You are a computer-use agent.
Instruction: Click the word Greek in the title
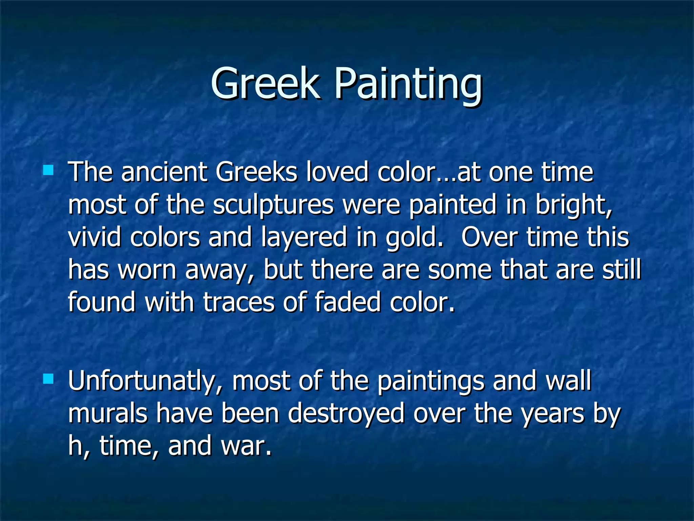coord(265,83)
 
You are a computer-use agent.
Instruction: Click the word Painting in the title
coord(408,85)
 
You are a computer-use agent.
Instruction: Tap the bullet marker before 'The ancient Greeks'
coord(48,170)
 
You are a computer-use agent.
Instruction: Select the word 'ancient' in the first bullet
coord(164,172)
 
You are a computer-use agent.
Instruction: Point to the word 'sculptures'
coord(273,205)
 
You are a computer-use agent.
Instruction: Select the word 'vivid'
coord(95,237)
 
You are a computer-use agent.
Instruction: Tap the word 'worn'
coord(147,270)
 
